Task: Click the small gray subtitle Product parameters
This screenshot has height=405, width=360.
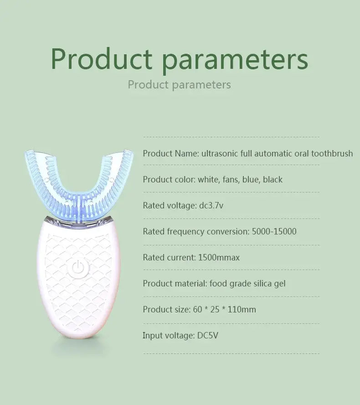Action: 179,84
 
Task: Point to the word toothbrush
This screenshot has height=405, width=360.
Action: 332,153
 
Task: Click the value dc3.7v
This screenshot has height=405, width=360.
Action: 211,205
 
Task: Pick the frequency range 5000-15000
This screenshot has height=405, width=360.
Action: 274,231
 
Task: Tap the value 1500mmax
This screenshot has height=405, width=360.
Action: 219,257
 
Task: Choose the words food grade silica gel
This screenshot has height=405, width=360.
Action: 247,283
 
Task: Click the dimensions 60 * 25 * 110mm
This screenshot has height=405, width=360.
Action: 224,309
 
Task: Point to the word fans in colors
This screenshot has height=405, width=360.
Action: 230,179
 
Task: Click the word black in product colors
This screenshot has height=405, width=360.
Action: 273,179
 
